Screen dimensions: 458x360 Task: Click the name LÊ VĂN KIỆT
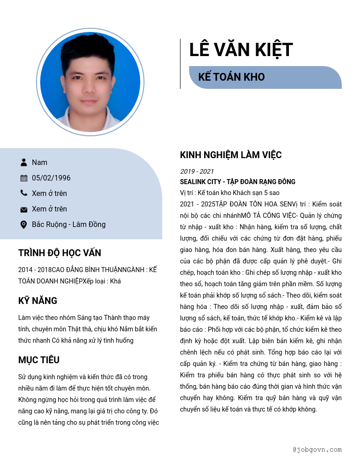pos(241,50)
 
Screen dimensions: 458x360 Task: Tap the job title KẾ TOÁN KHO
pos(231,77)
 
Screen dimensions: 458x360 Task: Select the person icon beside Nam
pos(24,162)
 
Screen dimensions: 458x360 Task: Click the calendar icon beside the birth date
pos(24,178)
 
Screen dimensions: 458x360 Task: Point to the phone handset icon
pos(24,193)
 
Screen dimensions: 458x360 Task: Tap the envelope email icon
pos(24,209)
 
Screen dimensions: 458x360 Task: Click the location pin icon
pos(24,225)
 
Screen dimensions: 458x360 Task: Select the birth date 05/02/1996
pos(51,178)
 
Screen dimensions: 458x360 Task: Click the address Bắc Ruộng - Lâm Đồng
pos(68,224)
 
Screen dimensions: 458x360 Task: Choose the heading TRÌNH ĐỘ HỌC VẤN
pos(60,253)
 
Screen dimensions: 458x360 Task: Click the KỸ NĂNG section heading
pos(38,301)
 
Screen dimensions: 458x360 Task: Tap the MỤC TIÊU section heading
pos(39,360)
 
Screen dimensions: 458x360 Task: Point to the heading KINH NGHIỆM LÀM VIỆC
pos(231,155)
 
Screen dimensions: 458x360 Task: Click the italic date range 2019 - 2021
pos(197,171)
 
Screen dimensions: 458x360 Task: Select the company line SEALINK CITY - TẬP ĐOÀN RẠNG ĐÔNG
pos(237,181)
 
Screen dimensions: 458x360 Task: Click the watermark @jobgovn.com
pos(317,449)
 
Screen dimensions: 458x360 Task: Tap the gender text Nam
pos(40,162)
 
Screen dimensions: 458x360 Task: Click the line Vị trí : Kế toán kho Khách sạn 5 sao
pos(230,192)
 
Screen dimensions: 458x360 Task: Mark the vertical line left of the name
pos(180,64)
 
